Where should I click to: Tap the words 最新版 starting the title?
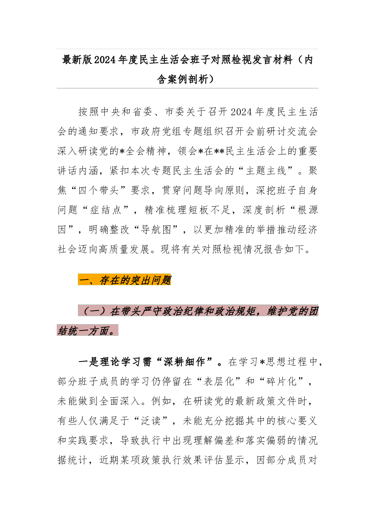pos(77,60)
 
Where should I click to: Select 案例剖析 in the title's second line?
pos(188,79)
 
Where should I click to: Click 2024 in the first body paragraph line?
pos(242,112)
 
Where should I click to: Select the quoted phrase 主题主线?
pos(266,171)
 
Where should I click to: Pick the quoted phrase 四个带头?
pos(99,190)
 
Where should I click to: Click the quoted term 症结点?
pos(106,210)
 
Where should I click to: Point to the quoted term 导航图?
pos(156,230)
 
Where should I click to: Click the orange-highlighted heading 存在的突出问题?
pos(135,280)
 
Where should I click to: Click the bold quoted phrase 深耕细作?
pos(184,362)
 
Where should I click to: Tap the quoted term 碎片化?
pos(281,382)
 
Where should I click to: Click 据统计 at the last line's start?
pos(72,460)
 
